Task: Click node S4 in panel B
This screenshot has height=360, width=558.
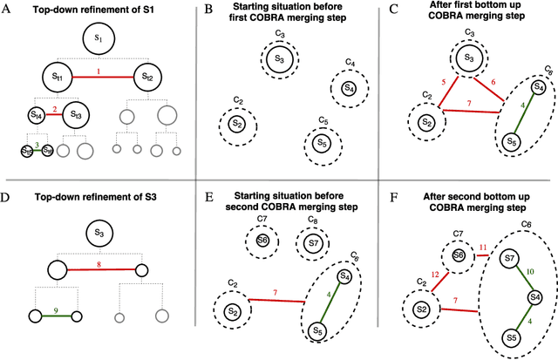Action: [x=348, y=87]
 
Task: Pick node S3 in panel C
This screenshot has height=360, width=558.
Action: [x=468, y=58]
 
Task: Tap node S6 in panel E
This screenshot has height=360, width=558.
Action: [x=262, y=241]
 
